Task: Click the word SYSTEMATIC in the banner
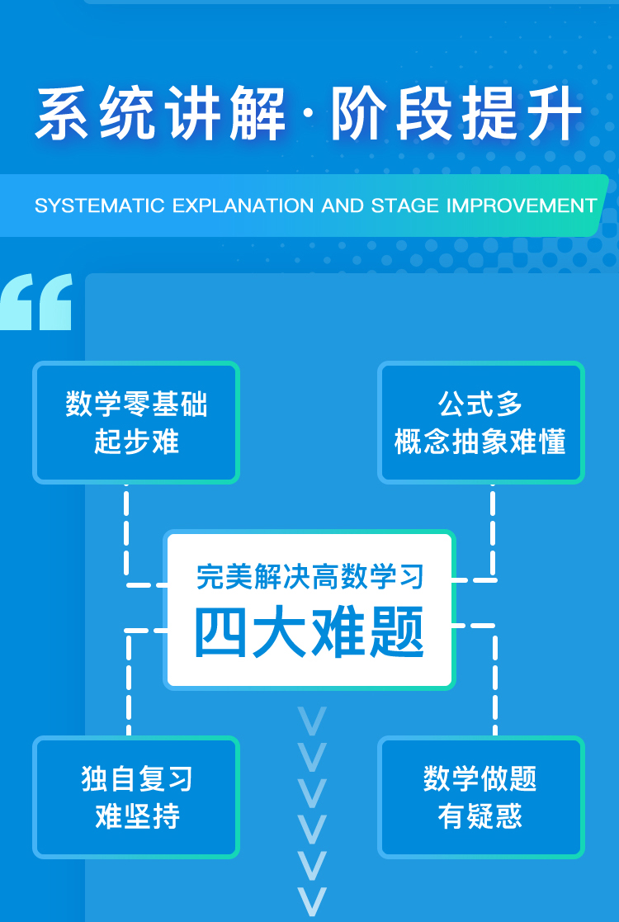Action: click(x=100, y=206)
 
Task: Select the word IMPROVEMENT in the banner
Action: click(x=522, y=206)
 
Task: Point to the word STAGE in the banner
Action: click(x=405, y=206)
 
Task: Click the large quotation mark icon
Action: click(x=35, y=301)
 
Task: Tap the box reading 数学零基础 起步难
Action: click(x=136, y=422)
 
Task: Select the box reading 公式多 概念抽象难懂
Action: click(x=481, y=422)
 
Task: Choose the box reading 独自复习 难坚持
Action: click(x=136, y=797)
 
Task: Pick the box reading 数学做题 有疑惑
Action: click(x=481, y=797)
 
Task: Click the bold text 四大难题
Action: click(x=309, y=632)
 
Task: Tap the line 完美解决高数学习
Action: click(x=309, y=577)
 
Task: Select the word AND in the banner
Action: click(x=343, y=206)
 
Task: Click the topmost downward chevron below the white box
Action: click(x=311, y=721)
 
